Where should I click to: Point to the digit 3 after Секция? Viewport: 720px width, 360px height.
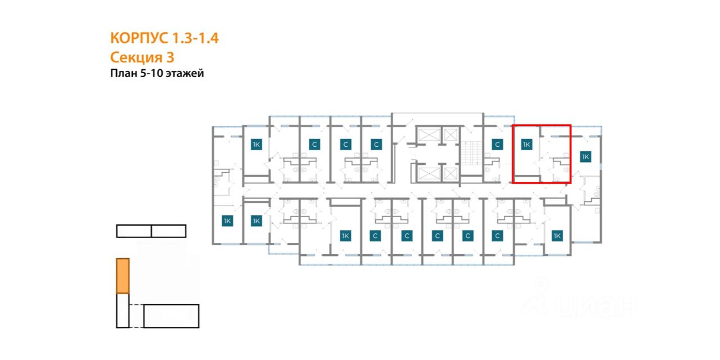170,57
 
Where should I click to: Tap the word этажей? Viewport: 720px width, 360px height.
185,74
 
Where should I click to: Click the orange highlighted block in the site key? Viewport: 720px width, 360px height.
123,276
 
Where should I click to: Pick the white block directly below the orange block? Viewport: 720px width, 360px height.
123,310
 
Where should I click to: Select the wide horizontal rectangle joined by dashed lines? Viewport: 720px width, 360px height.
172,316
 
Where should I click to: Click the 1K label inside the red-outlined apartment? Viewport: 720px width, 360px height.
526,145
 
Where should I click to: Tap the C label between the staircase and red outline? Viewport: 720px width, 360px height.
497,145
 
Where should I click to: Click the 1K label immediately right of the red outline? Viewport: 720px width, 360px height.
585,156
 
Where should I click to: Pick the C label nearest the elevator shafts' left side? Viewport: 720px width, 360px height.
376,145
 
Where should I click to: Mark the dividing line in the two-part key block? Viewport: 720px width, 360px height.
151,231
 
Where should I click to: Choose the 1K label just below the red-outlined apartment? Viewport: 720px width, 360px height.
557,236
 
